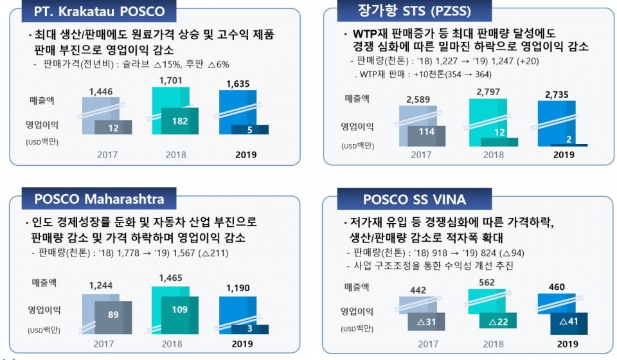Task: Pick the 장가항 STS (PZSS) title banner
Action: click(416, 11)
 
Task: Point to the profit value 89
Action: click(113, 314)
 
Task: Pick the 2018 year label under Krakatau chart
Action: click(175, 154)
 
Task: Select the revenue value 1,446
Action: click(101, 92)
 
